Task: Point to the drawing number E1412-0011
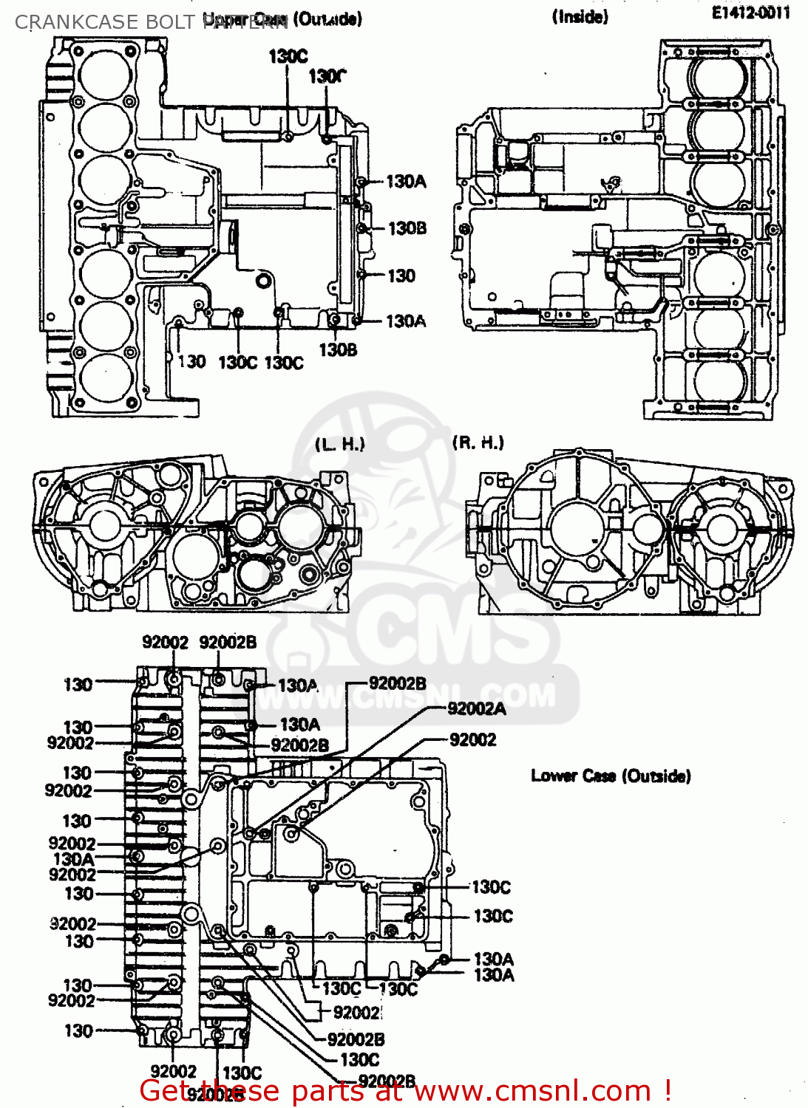pyautogui.click(x=750, y=13)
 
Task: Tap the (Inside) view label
pyautogui.click(x=580, y=17)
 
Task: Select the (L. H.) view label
pyautogui.click(x=340, y=445)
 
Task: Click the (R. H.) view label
pyautogui.click(x=478, y=442)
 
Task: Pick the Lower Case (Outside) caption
pyautogui.click(x=611, y=776)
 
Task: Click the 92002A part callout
pyautogui.click(x=477, y=709)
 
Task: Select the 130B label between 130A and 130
pyautogui.click(x=407, y=228)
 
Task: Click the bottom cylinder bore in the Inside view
pyautogui.click(x=719, y=381)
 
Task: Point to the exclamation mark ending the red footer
pyautogui.click(x=668, y=1090)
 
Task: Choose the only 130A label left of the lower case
pyautogui.click(x=73, y=859)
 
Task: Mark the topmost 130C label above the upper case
pyautogui.click(x=288, y=56)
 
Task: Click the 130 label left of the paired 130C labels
pyautogui.click(x=191, y=362)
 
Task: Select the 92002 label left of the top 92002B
pyautogui.click(x=165, y=643)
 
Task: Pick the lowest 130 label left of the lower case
pyautogui.click(x=78, y=1031)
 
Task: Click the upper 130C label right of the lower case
pyautogui.click(x=491, y=887)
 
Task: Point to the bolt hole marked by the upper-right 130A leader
pyautogui.click(x=361, y=182)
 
